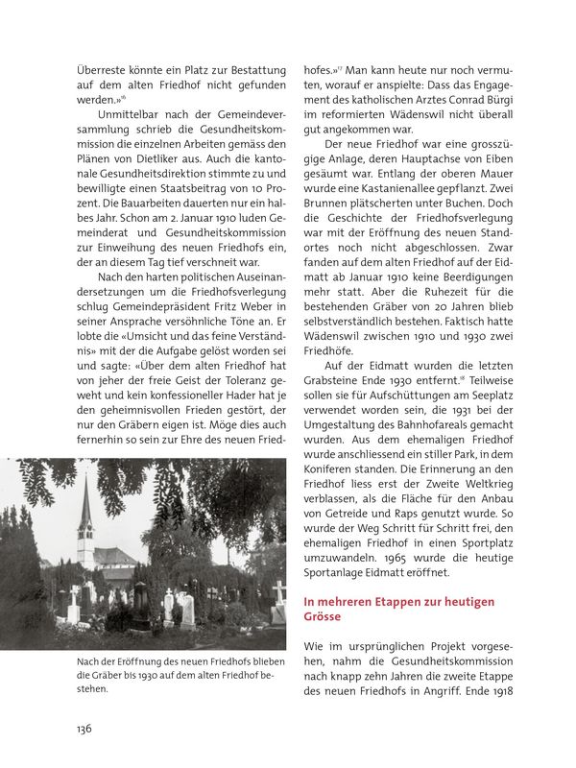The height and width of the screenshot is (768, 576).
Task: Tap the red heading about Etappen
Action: (x=398, y=609)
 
